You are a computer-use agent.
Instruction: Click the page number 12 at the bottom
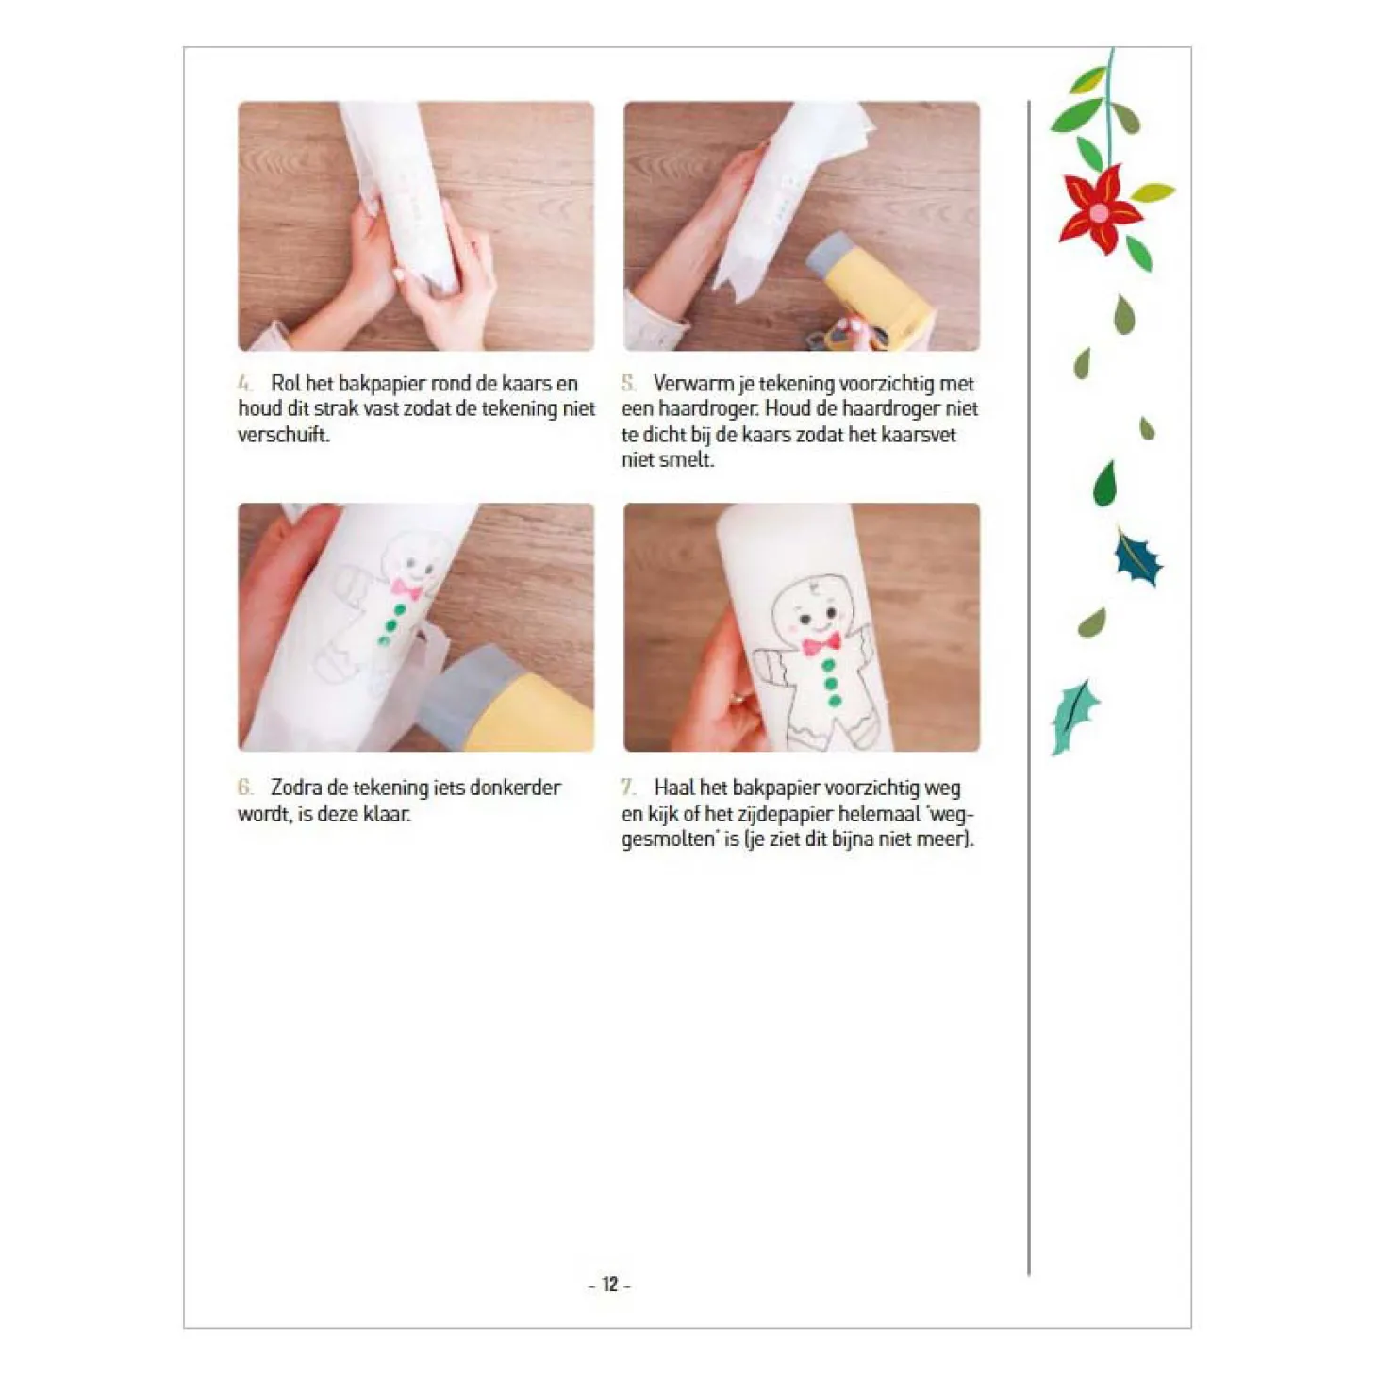click(609, 1284)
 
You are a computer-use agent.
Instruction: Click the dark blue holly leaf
click(1136, 558)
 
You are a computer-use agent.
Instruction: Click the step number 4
click(245, 384)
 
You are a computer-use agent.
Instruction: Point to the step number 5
click(628, 384)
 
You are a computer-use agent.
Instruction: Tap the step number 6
click(245, 788)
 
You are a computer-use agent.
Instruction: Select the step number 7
click(628, 788)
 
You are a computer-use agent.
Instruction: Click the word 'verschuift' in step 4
click(282, 435)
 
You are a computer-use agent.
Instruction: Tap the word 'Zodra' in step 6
click(296, 788)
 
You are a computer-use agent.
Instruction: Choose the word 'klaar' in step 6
click(386, 814)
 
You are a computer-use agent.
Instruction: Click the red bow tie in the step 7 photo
click(821, 644)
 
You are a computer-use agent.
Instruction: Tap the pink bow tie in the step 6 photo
click(406, 589)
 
